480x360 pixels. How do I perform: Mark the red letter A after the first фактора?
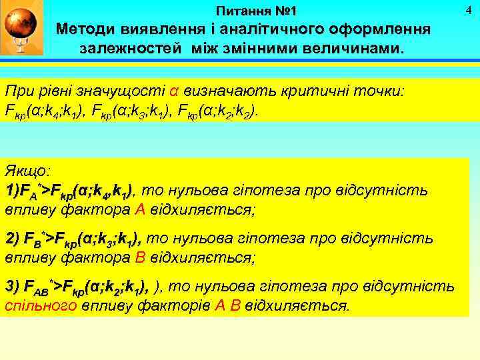coord(139,209)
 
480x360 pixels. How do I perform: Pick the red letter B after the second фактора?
coord(139,257)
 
